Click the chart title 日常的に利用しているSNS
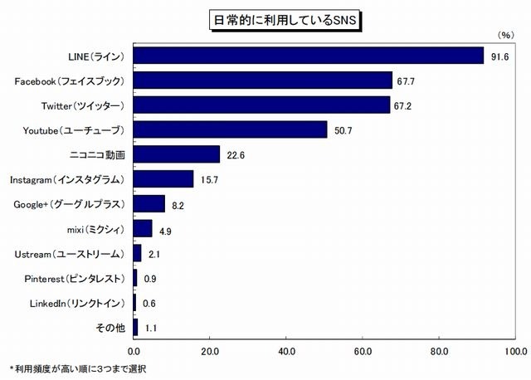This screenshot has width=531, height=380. [265, 17]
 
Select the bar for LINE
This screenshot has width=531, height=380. [308, 56]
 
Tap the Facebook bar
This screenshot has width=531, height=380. [262, 80]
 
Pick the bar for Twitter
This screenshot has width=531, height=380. [261, 105]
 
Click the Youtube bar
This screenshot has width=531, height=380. [230, 129]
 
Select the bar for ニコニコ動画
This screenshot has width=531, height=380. [176, 154]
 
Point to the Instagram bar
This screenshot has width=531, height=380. [163, 179]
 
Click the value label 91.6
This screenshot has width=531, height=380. [498, 56]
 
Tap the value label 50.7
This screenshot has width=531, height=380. [341, 130]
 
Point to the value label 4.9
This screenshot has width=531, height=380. [164, 229]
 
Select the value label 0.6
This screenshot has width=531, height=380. [149, 303]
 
